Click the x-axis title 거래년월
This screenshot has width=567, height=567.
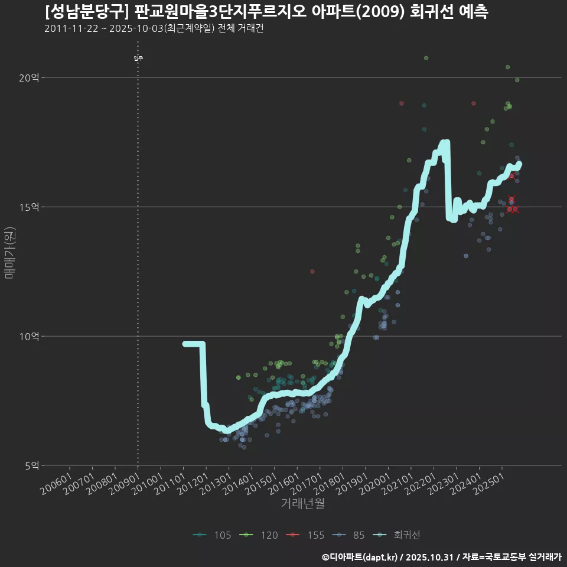click(302, 503)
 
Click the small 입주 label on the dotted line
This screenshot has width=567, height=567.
click(138, 58)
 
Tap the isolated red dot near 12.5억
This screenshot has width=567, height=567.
click(312, 271)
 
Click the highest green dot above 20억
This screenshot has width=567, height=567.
click(426, 58)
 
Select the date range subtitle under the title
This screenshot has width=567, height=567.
click(154, 28)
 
